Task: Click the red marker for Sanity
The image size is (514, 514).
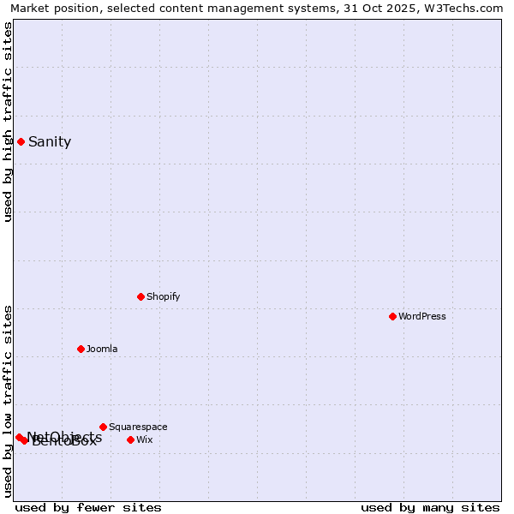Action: pyautogui.click(x=21, y=141)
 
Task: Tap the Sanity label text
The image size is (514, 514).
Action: pyautogui.click(x=50, y=142)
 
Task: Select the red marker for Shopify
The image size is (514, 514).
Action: pyautogui.click(x=140, y=296)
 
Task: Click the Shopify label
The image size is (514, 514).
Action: pyautogui.click(x=163, y=297)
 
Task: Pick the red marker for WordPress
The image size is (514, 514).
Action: pyautogui.click(x=392, y=316)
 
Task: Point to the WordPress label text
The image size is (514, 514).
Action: pyautogui.click(x=421, y=317)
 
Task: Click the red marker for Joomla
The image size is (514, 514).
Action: pyautogui.click(x=81, y=349)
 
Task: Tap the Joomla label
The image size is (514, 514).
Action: pyautogui.click(x=102, y=350)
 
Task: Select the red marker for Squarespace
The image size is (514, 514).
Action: pyautogui.click(x=103, y=427)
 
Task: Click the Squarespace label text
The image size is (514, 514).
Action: pyautogui.click(x=138, y=427)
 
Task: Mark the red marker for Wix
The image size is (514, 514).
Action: pyautogui.click(x=130, y=439)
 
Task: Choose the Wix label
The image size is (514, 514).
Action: pyautogui.click(x=144, y=440)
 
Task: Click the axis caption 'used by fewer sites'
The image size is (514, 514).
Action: pyautogui.click(x=88, y=508)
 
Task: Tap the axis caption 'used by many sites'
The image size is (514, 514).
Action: pyautogui.click(x=430, y=508)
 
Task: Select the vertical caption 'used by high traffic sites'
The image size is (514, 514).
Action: pyautogui.click(x=9, y=122)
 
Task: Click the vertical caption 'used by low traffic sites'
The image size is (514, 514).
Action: pyautogui.click(x=9, y=401)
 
